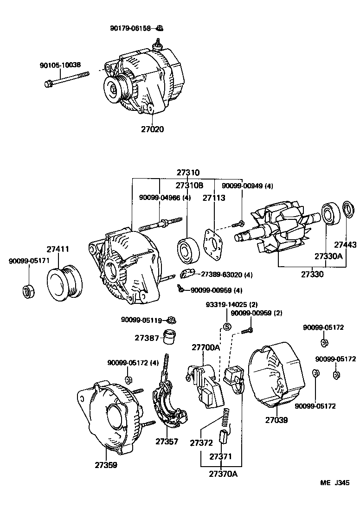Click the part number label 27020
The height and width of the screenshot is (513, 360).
153,129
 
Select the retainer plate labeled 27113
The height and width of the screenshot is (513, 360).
212,243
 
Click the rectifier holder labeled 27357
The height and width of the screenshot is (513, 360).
170,404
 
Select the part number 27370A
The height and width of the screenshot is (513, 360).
223,474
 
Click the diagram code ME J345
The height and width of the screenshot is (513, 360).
334,482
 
